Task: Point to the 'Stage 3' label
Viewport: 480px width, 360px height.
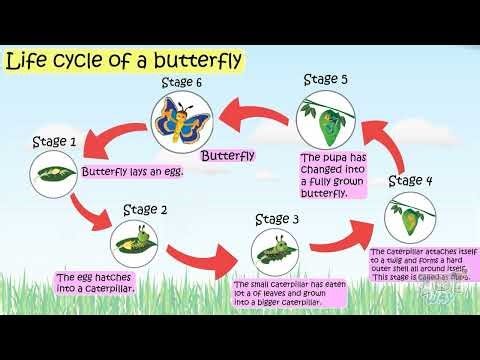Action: pos(277,219)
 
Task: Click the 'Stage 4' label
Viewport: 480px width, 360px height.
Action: pos(410,181)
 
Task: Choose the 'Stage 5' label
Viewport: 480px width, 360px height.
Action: pos(326,78)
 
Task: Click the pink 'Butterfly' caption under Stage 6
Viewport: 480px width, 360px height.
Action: pos(227,156)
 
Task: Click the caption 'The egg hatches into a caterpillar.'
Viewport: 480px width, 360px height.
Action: pos(96,283)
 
